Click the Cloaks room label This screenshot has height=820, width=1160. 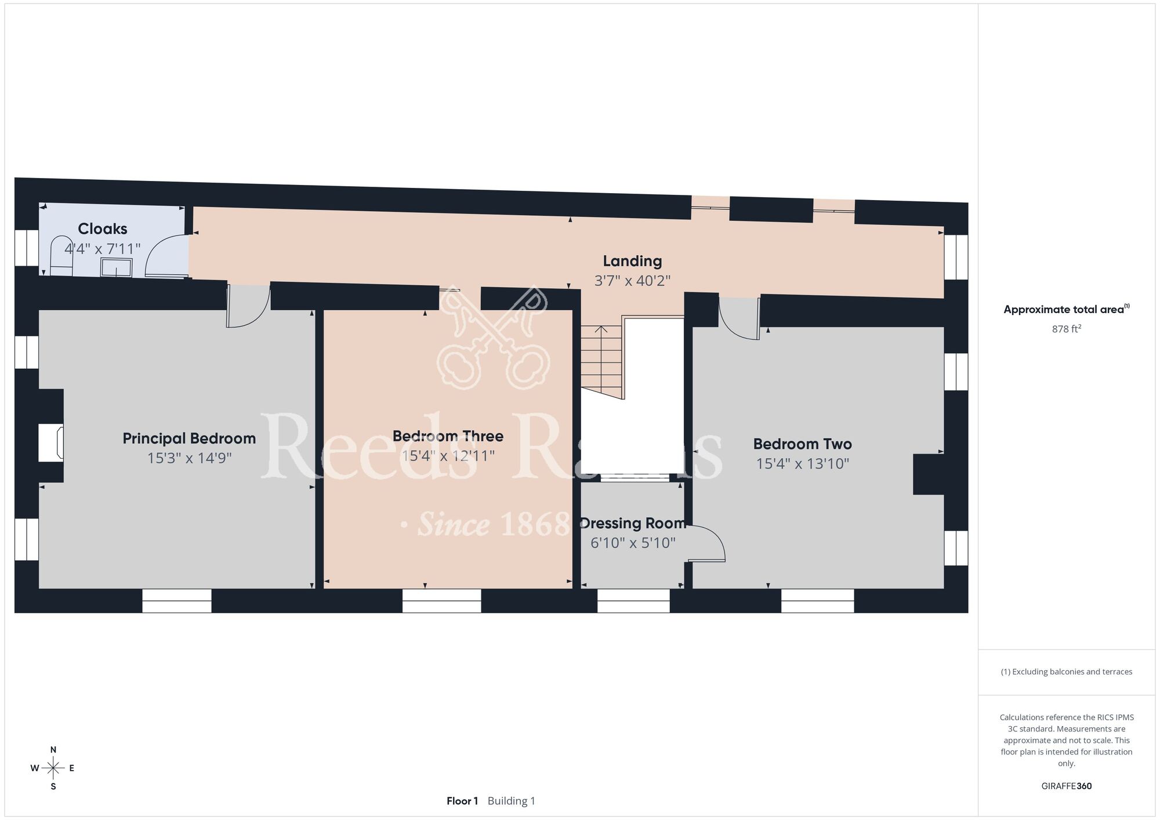pyautogui.click(x=103, y=228)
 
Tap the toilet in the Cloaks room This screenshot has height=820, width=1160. pyautogui.click(x=61, y=256)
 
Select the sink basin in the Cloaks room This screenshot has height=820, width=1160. pyautogui.click(x=116, y=267)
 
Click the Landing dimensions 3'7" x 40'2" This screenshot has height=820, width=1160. pyautogui.click(x=632, y=281)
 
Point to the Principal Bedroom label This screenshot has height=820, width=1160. pyautogui.click(x=189, y=438)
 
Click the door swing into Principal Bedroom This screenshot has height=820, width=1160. pyautogui.click(x=248, y=306)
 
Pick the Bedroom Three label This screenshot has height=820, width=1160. pyautogui.click(x=448, y=436)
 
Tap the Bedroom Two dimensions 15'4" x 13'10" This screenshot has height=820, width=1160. pyautogui.click(x=803, y=464)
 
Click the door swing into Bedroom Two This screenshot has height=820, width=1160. pyautogui.click(x=739, y=318)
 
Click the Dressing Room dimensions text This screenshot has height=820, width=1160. pyautogui.click(x=633, y=543)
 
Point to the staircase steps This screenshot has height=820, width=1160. pyautogui.click(x=602, y=362)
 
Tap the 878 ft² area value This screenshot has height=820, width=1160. pyautogui.click(x=1067, y=329)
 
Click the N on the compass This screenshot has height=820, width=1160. pyautogui.click(x=53, y=750)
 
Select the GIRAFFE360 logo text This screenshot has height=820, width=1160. pyautogui.click(x=1067, y=786)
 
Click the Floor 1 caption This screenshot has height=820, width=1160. pyautogui.click(x=462, y=801)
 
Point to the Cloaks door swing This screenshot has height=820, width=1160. pyautogui.click(x=167, y=255)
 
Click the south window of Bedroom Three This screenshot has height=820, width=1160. pyautogui.click(x=442, y=600)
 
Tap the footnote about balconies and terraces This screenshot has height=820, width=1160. pyautogui.click(x=1067, y=672)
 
